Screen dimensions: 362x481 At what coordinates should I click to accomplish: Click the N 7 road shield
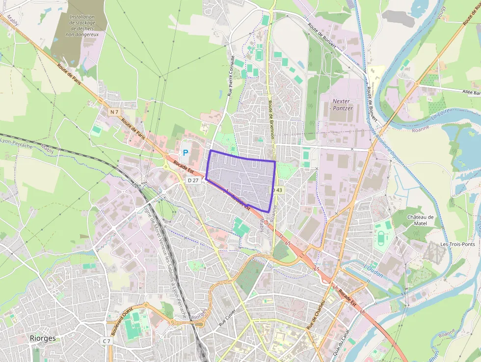114,112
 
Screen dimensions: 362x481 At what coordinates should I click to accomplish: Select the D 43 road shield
278,190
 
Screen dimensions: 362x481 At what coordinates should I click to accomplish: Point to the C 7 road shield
107,341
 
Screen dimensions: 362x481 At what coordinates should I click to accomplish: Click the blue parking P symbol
186,153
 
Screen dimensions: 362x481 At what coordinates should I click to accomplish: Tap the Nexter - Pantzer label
343,105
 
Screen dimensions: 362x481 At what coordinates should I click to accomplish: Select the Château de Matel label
421,220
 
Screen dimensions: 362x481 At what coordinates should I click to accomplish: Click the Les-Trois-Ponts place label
457,244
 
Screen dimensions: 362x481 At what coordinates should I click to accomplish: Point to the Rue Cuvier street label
227,318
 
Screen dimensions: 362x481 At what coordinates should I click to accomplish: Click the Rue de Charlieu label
316,315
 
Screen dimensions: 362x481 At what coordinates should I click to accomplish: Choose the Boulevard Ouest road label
121,322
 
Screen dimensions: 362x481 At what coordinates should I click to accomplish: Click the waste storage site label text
82,26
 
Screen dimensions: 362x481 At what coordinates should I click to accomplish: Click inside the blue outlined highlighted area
240,179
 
